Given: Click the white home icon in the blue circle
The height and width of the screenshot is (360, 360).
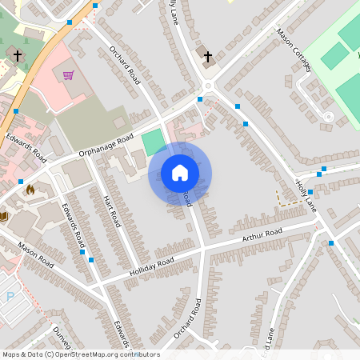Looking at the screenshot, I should [180, 173].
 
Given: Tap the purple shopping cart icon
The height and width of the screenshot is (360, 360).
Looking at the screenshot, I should [69, 75].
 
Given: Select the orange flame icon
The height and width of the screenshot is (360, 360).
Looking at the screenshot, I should [30, 190].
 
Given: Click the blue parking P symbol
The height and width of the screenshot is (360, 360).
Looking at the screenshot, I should [10, 296].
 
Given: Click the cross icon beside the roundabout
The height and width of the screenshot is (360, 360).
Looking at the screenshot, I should [208, 57].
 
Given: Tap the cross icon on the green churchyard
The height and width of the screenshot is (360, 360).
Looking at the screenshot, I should [18, 56].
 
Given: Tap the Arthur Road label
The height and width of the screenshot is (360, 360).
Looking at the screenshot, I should [263, 237].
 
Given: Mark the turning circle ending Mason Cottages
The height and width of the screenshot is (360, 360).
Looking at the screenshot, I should [328, 117].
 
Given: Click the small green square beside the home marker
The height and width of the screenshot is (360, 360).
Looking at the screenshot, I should [154, 142].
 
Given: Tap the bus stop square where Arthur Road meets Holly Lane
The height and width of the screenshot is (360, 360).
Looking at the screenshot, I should [330, 242].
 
